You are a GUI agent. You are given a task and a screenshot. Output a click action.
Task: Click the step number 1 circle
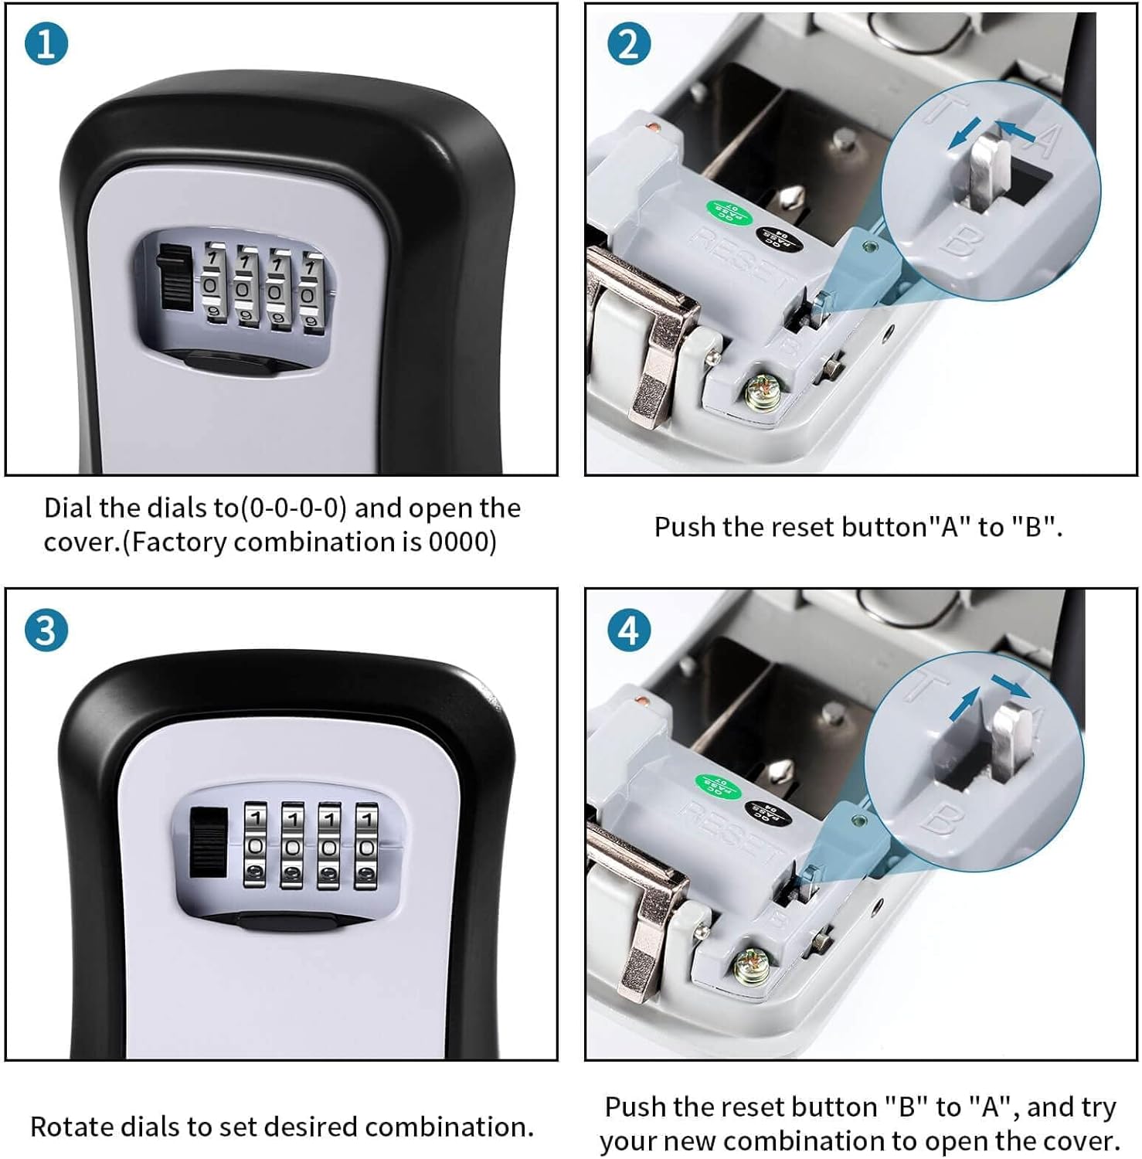click(46, 43)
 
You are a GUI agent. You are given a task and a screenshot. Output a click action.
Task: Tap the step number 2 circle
click(629, 43)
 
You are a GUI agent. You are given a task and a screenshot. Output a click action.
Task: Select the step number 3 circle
click(46, 630)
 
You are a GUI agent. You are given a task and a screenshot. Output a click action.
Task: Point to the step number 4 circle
click(629, 630)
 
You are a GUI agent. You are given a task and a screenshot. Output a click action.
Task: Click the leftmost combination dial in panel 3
click(256, 844)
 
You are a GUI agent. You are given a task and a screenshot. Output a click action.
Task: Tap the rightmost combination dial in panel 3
click(366, 845)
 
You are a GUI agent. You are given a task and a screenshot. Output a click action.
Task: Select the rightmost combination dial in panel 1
click(311, 292)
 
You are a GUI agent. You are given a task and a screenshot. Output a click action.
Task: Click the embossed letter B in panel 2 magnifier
click(959, 241)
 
